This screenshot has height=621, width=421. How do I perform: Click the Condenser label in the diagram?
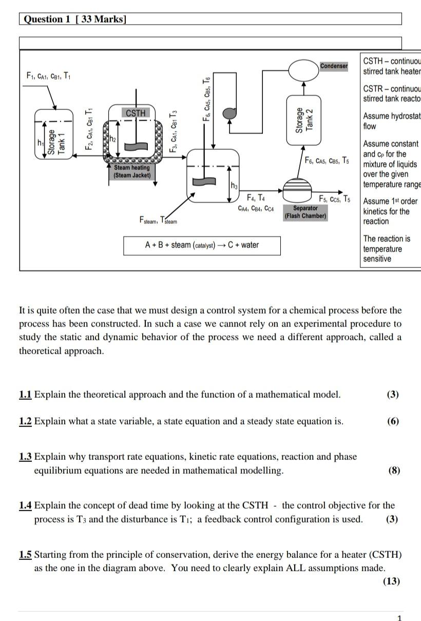(x=334, y=66)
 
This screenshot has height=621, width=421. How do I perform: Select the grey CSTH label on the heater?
(x=136, y=113)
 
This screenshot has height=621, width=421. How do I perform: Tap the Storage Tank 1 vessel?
(x=50, y=138)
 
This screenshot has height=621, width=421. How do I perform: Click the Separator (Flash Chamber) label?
(x=305, y=212)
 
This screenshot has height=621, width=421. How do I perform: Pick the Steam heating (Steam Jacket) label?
(x=132, y=171)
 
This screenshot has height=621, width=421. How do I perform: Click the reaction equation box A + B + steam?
(x=202, y=245)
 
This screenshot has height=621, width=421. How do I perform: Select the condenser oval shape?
(x=303, y=70)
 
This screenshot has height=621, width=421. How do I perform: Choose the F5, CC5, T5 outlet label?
(x=335, y=199)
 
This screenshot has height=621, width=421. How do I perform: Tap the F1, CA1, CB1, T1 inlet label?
(x=49, y=76)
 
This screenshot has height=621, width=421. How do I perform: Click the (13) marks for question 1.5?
(x=391, y=581)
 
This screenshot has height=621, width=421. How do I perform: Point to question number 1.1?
(x=25, y=395)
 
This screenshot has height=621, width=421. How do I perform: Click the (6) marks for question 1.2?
(x=393, y=421)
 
